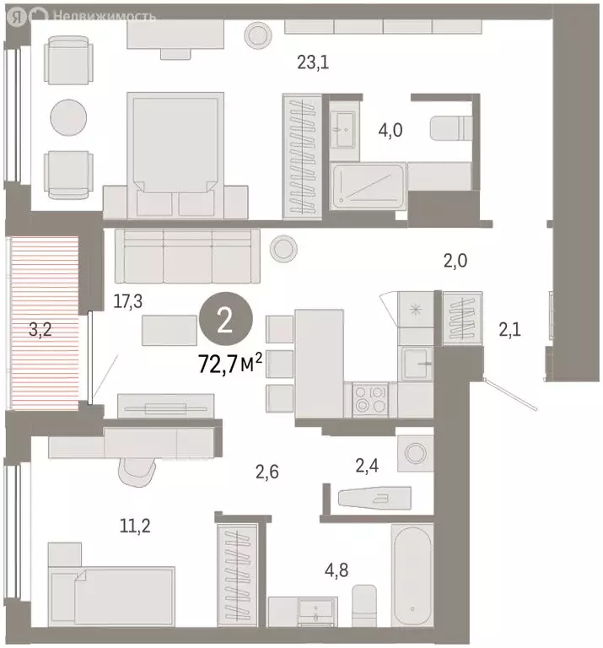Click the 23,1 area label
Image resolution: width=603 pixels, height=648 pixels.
(x=312, y=61)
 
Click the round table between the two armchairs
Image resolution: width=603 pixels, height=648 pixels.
(x=67, y=116)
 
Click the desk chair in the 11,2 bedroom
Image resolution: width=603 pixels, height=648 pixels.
(x=138, y=469)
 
